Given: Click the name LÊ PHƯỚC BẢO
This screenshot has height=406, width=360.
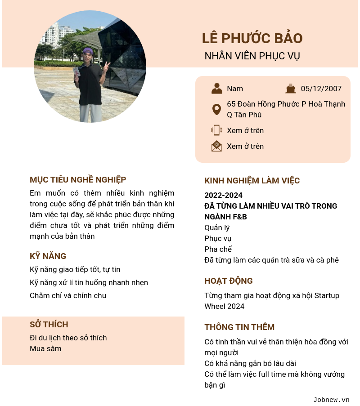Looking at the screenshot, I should [x=252, y=39].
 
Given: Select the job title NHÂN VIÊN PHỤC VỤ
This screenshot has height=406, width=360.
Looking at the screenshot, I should [x=252, y=56].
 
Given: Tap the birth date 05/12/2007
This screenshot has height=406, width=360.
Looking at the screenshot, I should [x=321, y=89].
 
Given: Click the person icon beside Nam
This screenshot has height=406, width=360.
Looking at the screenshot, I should [x=217, y=89].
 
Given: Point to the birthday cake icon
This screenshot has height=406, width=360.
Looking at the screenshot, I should [x=291, y=89].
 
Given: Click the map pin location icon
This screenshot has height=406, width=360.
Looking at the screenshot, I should [x=216, y=109].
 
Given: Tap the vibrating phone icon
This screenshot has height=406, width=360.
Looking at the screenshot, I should [x=216, y=130].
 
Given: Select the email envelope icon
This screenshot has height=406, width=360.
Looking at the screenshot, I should [x=216, y=146].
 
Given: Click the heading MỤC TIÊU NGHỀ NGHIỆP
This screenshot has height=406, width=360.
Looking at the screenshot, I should [x=78, y=180].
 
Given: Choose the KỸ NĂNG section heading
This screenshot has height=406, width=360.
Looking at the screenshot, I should [x=48, y=256].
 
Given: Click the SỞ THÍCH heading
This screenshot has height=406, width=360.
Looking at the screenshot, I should [x=49, y=325].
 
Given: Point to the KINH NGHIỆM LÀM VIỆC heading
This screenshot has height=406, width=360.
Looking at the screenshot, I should [x=252, y=181].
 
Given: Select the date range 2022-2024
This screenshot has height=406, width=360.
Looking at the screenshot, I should [x=223, y=195].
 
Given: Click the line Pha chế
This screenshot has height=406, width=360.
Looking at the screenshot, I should [x=218, y=249].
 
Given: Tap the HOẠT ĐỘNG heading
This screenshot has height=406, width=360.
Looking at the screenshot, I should [x=228, y=281].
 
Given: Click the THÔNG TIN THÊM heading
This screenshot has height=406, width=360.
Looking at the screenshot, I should [x=239, y=327].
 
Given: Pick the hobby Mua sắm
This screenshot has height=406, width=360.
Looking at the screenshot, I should [x=45, y=348].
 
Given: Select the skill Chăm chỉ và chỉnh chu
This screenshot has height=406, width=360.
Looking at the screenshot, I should [x=68, y=295].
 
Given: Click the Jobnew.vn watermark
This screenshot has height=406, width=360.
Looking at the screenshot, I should [x=331, y=400].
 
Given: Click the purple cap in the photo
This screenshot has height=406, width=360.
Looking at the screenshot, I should [x=88, y=51].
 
